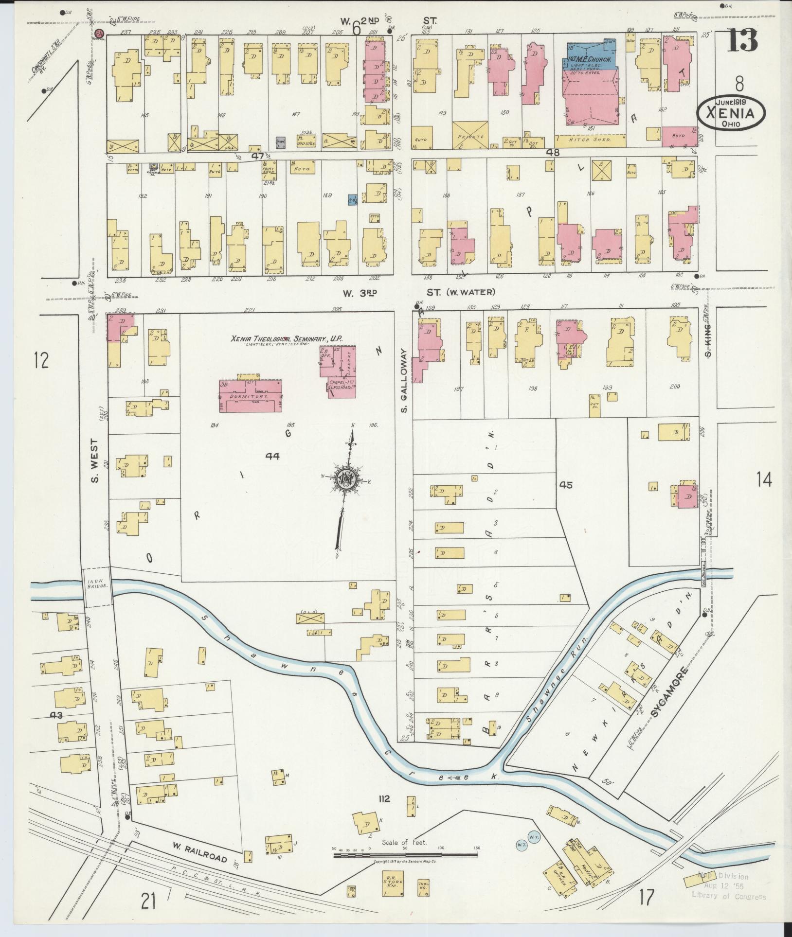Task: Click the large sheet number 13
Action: (742, 41)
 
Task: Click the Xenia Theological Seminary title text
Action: (287, 339)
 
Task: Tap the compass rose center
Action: (346, 480)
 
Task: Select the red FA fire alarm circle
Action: (100, 34)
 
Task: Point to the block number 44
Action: (272, 456)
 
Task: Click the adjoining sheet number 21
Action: (149, 902)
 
